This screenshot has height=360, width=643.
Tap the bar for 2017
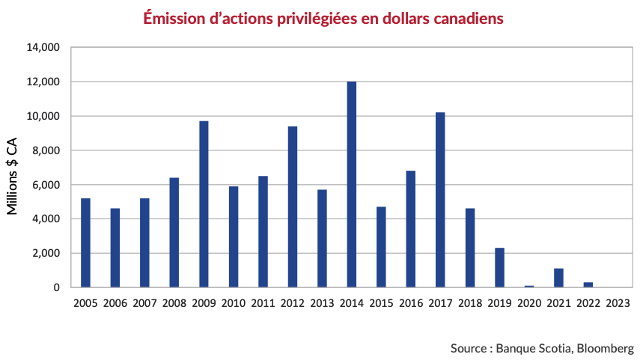[x=440, y=200]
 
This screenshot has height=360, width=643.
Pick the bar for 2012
[x=293, y=207]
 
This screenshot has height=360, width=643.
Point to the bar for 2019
[x=499, y=267]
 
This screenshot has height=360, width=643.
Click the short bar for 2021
[x=558, y=278]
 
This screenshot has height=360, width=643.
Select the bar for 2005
[x=85, y=242]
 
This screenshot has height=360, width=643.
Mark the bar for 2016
[x=411, y=229]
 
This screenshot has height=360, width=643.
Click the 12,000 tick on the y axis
[x=43, y=82]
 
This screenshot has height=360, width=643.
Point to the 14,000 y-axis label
[x=43, y=48]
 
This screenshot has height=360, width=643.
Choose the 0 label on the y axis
[x=56, y=287]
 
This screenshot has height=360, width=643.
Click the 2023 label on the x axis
[x=618, y=303]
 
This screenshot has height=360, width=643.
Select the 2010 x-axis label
[x=234, y=303]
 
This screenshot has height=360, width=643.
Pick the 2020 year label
[x=528, y=303]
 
